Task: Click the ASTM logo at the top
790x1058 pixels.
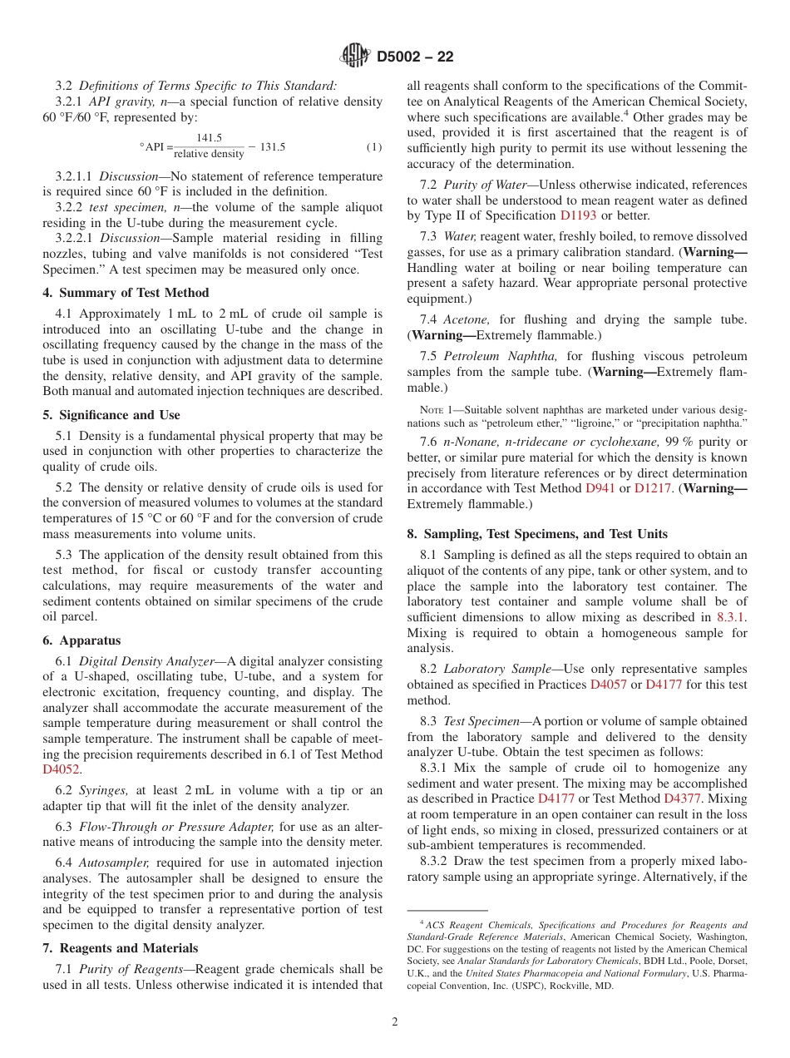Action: [355, 57]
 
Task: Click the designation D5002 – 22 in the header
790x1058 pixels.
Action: [415, 57]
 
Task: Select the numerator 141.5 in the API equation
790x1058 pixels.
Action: [209, 138]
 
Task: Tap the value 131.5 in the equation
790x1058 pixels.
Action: [272, 147]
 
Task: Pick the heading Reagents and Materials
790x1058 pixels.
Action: [128, 948]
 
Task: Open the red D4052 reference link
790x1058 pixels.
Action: [61, 769]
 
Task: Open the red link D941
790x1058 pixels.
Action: [600, 488]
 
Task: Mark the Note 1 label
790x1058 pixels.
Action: [438, 410]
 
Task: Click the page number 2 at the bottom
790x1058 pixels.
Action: [395, 1022]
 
